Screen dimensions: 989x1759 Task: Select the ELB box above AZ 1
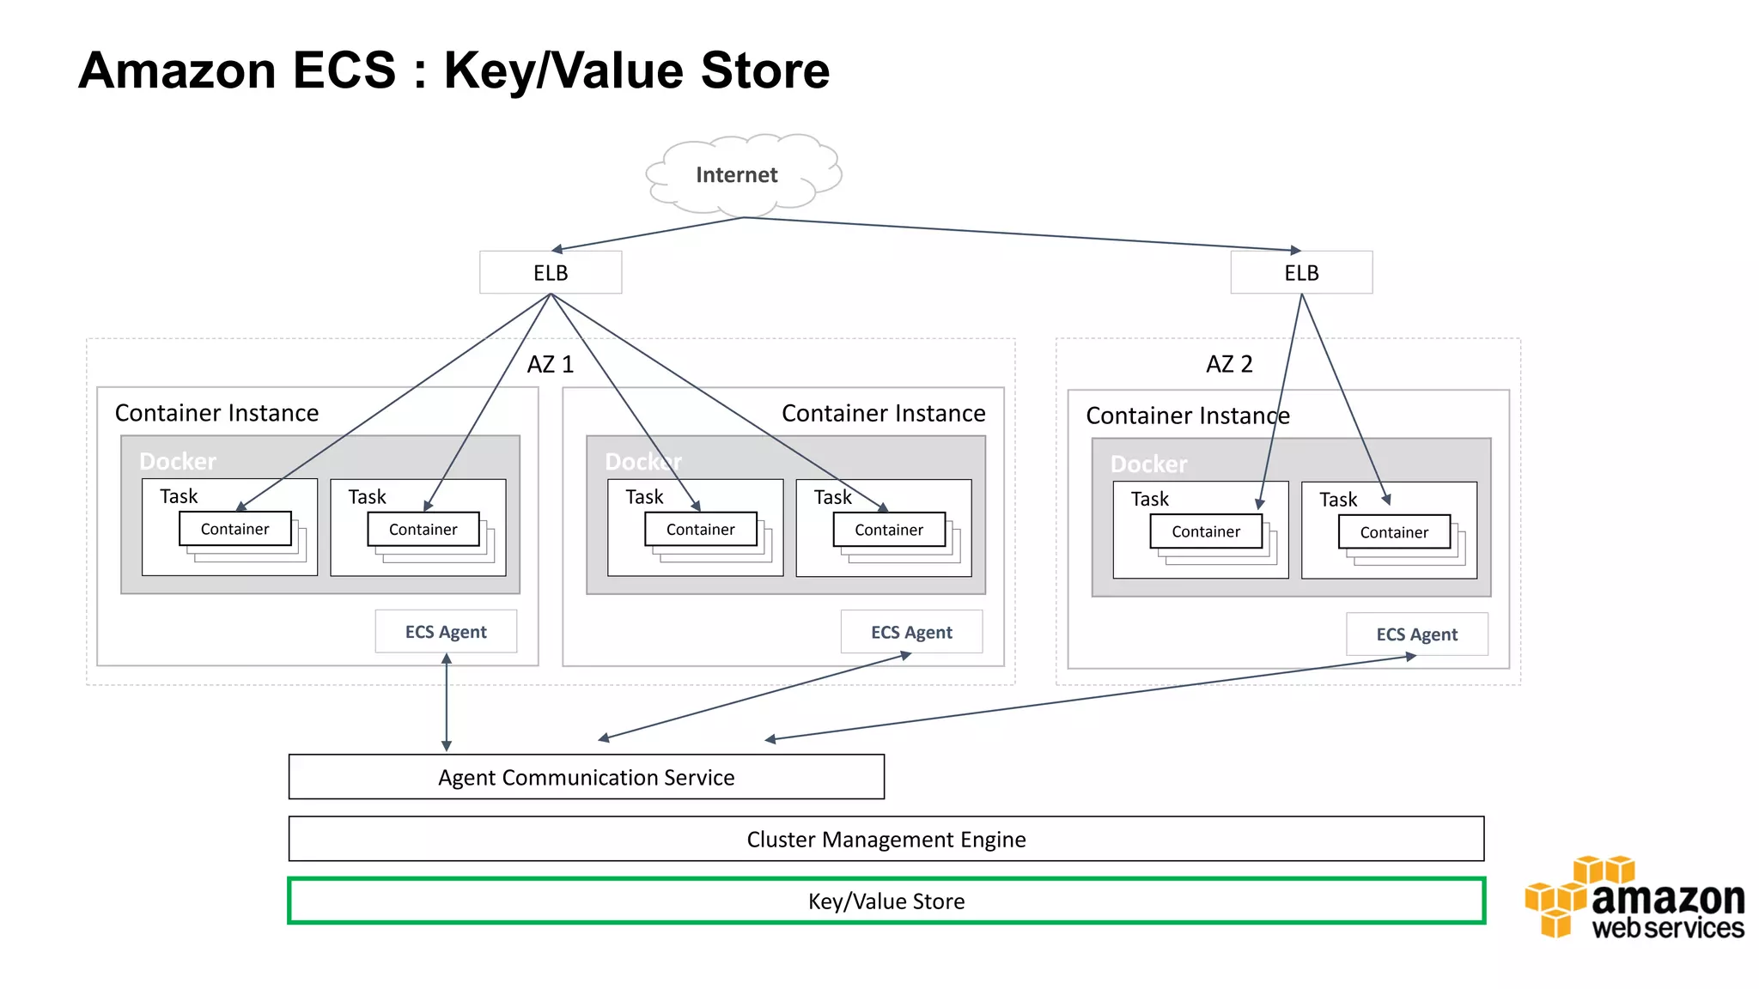tap(551, 273)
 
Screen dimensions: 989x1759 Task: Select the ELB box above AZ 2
tap(1301, 273)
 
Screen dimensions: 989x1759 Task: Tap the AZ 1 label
tap(551, 364)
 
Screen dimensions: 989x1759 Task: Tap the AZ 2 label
tap(1229, 364)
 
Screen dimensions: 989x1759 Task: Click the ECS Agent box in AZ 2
tap(1416, 634)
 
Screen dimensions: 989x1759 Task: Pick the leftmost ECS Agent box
tap(446, 632)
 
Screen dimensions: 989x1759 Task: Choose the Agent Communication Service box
tap(587, 777)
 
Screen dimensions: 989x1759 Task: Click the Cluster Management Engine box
tap(886, 839)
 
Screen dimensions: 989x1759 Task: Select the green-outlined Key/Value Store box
tap(886, 901)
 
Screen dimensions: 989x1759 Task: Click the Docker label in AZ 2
tap(1148, 464)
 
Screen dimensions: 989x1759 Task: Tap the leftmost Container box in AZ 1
tap(234, 529)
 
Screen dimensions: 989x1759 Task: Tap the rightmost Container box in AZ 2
tap(1394, 532)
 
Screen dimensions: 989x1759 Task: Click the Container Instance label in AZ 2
tap(1187, 416)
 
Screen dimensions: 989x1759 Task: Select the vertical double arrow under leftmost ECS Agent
tap(447, 702)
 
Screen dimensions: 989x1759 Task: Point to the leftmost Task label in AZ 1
tap(179, 496)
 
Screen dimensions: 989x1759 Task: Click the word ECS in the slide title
tap(344, 70)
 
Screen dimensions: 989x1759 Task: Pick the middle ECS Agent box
tap(911, 633)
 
